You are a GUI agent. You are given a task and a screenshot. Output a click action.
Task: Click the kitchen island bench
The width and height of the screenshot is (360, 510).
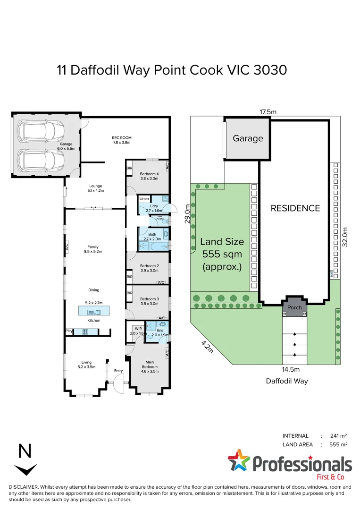(93, 311)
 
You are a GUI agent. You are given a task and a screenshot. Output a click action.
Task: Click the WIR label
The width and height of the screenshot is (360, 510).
(138, 328)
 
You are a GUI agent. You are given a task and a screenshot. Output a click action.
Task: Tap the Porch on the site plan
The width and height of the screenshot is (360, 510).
(294, 307)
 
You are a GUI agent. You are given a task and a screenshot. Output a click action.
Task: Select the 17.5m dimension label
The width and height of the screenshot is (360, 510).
(268, 112)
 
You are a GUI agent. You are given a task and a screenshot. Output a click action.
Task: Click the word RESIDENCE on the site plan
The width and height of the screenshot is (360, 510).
(295, 208)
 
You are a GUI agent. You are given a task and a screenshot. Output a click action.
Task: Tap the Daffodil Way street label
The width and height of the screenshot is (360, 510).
(287, 381)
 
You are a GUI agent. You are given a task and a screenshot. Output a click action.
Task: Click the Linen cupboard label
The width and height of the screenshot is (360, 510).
(144, 199)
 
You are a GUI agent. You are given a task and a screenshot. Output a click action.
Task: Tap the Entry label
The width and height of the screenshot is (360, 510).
(118, 371)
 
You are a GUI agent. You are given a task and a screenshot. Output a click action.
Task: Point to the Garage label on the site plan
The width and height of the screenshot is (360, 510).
(247, 138)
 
